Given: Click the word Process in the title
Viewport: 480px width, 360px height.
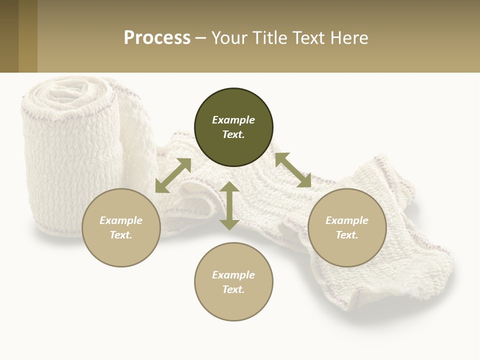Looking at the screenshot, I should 157,38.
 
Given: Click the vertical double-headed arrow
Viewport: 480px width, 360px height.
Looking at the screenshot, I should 229,205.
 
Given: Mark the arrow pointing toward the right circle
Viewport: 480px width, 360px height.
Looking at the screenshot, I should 293,170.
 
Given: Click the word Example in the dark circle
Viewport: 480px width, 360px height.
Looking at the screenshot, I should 233,120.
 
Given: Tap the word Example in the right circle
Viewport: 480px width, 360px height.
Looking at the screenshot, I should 347,220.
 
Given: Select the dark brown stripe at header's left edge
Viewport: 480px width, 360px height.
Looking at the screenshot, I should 9,36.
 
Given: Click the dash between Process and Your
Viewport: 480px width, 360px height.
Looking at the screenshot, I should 201,38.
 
